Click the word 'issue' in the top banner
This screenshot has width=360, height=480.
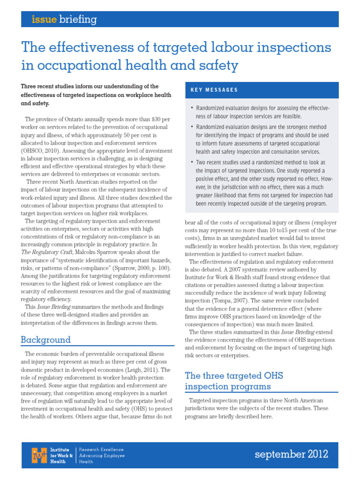click(x=44, y=20)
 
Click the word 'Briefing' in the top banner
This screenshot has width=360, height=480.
click(x=78, y=20)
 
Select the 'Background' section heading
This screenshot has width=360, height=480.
click(x=45, y=340)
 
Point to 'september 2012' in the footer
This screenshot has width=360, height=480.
click(x=291, y=454)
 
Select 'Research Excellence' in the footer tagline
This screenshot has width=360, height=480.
click(x=101, y=449)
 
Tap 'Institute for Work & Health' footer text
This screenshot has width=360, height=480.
click(x=61, y=455)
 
